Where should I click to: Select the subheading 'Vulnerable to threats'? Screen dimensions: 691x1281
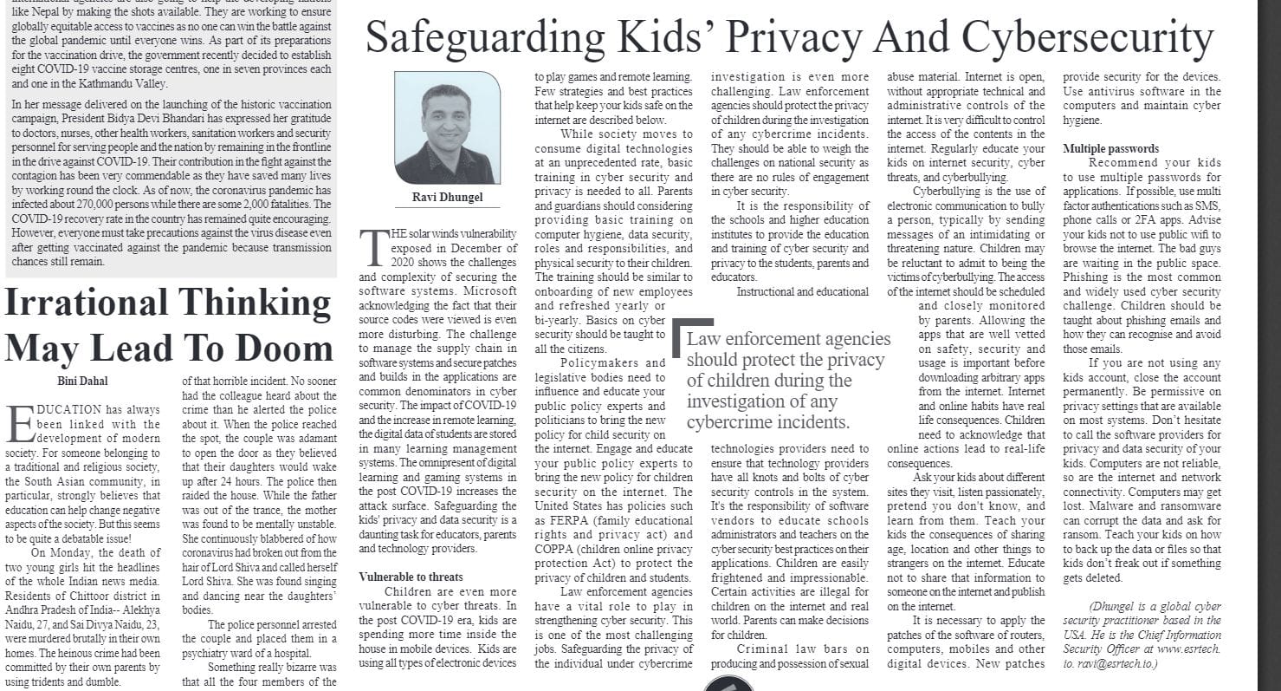pyautogui.click(x=411, y=577)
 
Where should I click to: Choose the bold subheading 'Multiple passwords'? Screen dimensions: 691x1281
pyautogui.click(x=1110, y=148)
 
